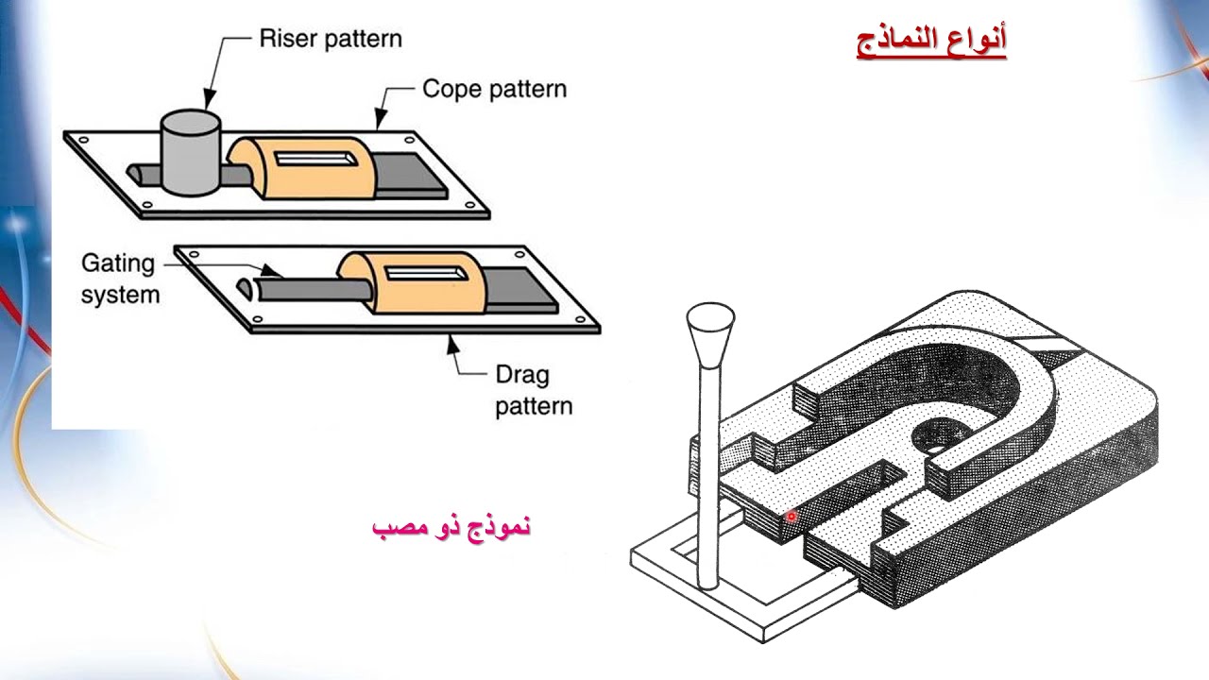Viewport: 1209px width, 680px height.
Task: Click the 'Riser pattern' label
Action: pos(330,39)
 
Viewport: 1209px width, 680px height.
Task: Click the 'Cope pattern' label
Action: pos(494,89)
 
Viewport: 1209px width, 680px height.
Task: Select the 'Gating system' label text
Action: pos(120,278)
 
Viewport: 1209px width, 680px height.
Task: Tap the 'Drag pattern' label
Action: pos(534,390)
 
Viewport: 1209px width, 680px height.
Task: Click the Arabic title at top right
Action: pos(931,41)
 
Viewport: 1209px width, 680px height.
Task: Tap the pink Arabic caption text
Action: pos(451,526)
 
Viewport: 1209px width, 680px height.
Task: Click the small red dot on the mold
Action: pos(792,517)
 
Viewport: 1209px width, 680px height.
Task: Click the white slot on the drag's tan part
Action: pos(422,273)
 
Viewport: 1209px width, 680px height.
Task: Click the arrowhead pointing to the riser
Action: pos(208,101)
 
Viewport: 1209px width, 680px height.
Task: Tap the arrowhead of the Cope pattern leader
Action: pos(380,121)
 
